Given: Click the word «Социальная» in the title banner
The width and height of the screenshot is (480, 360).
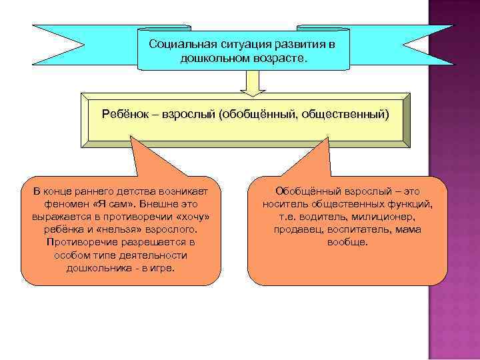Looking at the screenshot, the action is [x=177, y=44].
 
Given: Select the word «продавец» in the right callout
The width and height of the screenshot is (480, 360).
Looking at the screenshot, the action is [x=298, y=229].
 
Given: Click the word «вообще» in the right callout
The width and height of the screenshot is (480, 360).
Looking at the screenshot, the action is [x=347, y=242].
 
